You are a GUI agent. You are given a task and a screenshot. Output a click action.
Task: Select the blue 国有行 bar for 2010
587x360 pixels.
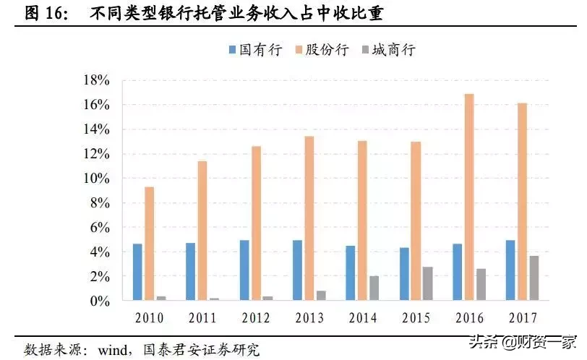point(137,273)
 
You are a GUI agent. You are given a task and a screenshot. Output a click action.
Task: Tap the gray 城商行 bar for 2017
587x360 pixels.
point(534,278)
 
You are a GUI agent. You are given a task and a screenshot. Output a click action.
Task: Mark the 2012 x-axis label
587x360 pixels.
point(256,318)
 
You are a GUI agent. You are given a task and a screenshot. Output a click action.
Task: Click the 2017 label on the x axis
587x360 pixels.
point(521,318)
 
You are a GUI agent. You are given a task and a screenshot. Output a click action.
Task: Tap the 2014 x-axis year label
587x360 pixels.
point(362,318)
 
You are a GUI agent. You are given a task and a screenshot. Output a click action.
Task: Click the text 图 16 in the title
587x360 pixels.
point(41,12)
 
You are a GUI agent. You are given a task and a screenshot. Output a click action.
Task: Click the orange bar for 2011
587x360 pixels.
point(202,231)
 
